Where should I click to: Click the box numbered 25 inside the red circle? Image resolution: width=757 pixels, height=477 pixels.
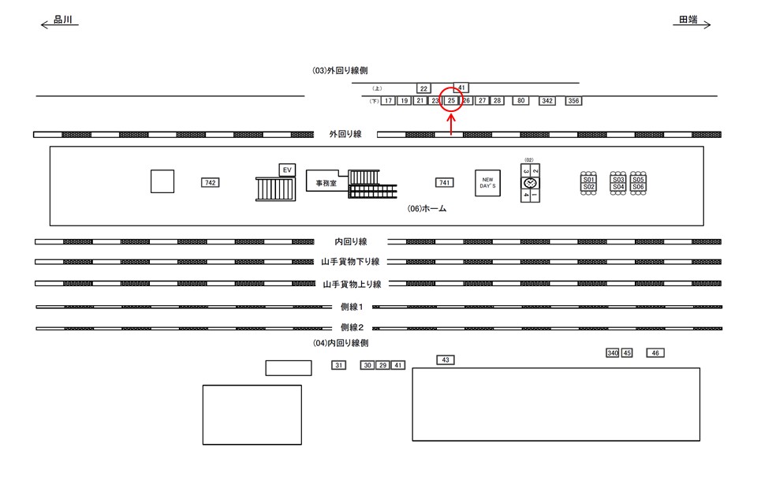pos(451,101)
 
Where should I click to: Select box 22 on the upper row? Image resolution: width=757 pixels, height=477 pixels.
pos(423,88)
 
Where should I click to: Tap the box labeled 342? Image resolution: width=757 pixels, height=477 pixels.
pos(547,101)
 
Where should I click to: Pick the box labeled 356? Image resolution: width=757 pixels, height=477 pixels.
pos(573,101)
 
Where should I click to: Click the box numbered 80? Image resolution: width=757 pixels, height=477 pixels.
pos(520,101)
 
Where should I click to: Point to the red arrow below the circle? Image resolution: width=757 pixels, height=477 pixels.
pos(451,125)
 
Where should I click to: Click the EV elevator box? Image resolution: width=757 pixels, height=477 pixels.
pos(287,170)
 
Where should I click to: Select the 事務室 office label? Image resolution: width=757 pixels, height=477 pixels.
pos(321,183)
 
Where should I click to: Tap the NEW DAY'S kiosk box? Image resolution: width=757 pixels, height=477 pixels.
pos(487,183)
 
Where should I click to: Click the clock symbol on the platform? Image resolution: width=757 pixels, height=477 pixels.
pos(530,183)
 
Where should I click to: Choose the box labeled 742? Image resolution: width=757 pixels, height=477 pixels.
pos(210,183)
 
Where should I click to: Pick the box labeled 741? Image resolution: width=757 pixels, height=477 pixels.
pos(445,183)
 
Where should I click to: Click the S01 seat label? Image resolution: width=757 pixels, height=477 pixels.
pos(588,180)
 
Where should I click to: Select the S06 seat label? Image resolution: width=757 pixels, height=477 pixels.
pos(639,187)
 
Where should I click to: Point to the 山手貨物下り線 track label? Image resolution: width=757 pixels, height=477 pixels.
pos(352,262)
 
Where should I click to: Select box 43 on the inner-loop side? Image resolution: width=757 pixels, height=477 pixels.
pos(446,360)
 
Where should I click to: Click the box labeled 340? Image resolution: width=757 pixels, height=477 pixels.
pos(612,353)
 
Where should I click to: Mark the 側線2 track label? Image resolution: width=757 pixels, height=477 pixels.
pos(352,327)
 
